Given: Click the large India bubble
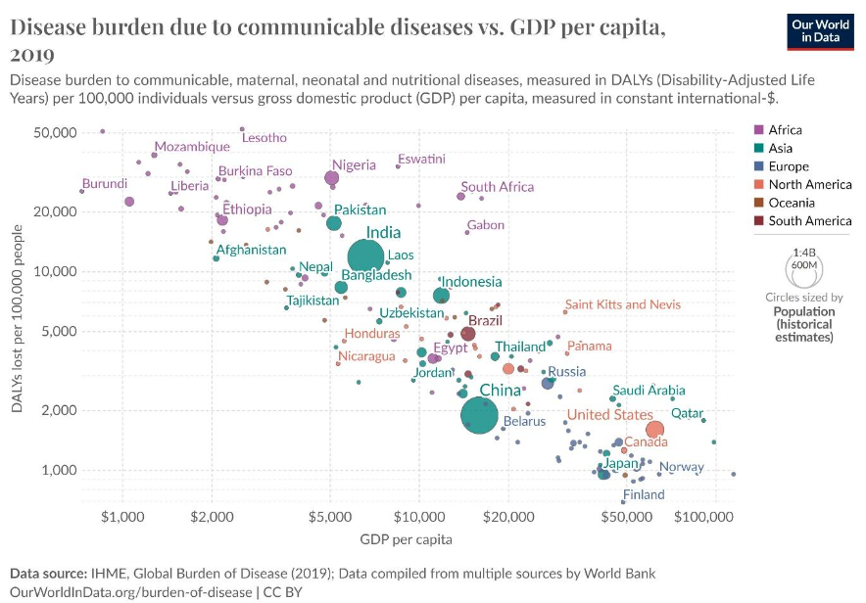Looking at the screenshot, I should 365,257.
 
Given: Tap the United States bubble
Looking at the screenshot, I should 654,429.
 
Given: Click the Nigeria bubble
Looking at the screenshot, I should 332,178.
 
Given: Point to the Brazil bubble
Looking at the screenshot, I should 468,334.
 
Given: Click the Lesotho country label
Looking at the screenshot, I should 265,138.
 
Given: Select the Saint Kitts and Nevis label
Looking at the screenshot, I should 623,304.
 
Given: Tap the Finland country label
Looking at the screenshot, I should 644,495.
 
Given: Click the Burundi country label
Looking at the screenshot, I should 105,183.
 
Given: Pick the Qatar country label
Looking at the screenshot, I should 687,413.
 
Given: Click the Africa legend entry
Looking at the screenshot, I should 785,130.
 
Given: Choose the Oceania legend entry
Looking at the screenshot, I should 791,203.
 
